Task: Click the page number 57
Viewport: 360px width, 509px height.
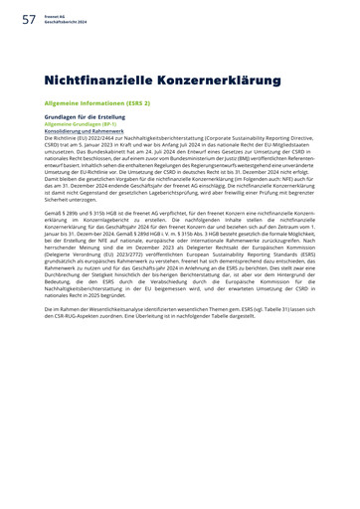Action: [28, 15]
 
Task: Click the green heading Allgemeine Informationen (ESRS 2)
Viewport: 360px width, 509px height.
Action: [96, 102]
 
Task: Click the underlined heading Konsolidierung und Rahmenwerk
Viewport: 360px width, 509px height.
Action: [86, 130]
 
